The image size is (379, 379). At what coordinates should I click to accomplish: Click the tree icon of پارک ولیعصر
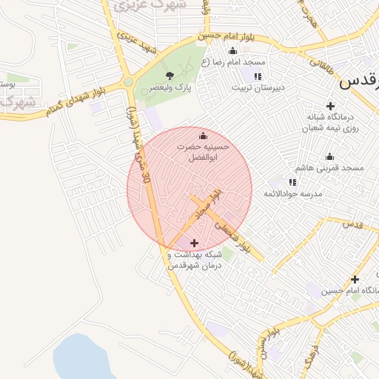coord(170,76)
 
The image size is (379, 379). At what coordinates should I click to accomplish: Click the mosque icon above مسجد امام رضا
coord(233,50)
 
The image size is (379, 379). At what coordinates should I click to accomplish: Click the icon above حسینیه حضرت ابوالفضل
coord(204,135)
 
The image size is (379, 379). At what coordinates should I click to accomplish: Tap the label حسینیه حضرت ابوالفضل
coord(204,153)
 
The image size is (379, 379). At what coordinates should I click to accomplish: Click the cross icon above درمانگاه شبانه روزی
coord(330,106)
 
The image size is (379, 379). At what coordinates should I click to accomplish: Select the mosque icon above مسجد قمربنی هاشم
coord(329,156)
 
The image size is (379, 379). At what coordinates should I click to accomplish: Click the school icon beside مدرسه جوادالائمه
coord(292,181)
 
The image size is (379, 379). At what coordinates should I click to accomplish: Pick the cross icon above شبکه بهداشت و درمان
coord(194,243)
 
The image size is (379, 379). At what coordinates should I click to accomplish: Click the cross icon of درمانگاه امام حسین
coord(355,279)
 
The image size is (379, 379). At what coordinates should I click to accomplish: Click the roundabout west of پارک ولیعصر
coord(128,82)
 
